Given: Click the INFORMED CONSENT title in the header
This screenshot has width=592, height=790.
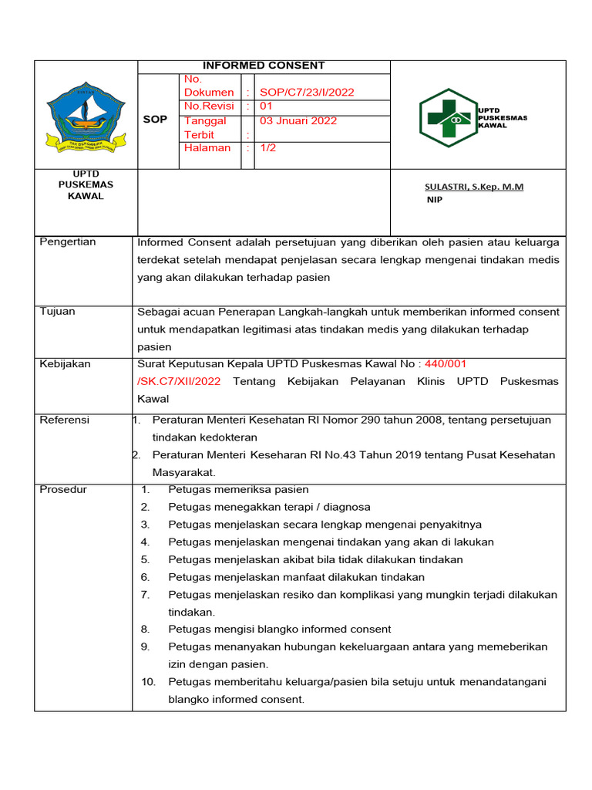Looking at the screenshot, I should [264, 66].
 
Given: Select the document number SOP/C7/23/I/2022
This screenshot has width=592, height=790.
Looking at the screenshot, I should [307, 93].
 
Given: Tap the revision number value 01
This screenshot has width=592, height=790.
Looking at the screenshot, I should [266, 106].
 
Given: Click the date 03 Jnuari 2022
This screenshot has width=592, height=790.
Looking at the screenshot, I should [298, 121].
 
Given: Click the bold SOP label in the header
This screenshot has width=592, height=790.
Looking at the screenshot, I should [155, 120].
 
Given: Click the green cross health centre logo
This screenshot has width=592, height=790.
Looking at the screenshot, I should [447, 118].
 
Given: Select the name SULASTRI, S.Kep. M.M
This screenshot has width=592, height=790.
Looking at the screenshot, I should [474, 187].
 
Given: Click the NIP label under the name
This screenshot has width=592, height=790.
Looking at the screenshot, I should [435, 200].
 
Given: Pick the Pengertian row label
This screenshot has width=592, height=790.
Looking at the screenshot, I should [68, 242].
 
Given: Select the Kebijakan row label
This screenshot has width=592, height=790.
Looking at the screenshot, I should [65, 363].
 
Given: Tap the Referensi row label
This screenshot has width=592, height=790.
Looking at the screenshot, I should [64, 420].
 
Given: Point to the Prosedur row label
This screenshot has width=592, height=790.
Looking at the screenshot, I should [63, 490].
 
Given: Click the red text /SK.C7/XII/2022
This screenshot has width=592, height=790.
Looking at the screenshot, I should [179, 381].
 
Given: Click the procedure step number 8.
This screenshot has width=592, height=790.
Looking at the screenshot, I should [145, 630].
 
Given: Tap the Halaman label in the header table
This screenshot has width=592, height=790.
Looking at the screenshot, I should [207, 147].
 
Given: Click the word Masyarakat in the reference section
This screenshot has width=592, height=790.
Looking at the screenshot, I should [183, 472].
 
